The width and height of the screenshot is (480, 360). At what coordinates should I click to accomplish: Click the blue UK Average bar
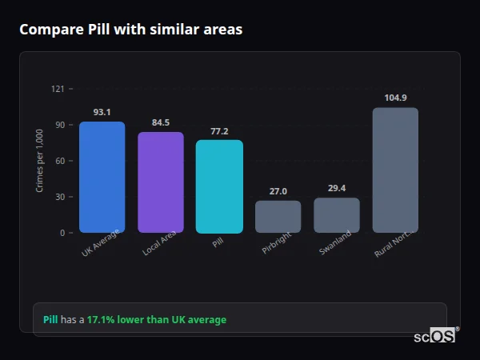pyautogui.click(x=102, y=177)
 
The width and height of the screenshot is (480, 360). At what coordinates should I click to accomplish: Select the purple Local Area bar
pyautogui.click(x=161, y=182)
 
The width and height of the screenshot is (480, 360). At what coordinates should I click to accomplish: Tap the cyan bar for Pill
pyautogui.click(x=219, y=186)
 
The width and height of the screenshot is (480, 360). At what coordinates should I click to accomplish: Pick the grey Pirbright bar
pyautogui.click(x=278, y=216)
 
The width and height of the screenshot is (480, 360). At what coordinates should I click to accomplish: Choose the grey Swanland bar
pyautogui.click(x=337, y=215)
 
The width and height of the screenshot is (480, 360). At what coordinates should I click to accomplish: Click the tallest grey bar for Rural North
pyautogui.click(x=395, y=170)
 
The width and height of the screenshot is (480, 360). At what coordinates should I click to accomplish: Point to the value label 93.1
pyautogui.click(x=102, y=112)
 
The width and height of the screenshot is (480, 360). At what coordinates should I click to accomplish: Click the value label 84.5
pyautogui.click(x=161, y=122)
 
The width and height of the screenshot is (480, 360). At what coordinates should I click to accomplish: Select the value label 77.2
pyautogui.click(x=219, y=131)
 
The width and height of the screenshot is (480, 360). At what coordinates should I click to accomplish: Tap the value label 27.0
pyautogui.click(x=278, y=191)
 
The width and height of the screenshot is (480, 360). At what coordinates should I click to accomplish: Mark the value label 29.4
pyautogui.click(x=337, y=189)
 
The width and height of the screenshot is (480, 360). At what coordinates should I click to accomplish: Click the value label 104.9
pyautogui.click(x=395, y=98)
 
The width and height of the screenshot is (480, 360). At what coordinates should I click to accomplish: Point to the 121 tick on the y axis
pyautogui.click(x=58, y=89)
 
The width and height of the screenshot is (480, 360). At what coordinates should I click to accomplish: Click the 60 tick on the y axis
pyautogui.click(x=59, y=161)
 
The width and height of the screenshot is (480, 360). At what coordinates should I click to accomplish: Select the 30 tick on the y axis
pyautogui.click(x=59, y=197)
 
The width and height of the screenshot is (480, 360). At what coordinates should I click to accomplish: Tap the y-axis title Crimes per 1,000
pyautogui.click(x=39, y=161)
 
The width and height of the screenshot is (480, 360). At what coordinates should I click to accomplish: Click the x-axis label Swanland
pyautogui.click(x=335, y=245)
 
